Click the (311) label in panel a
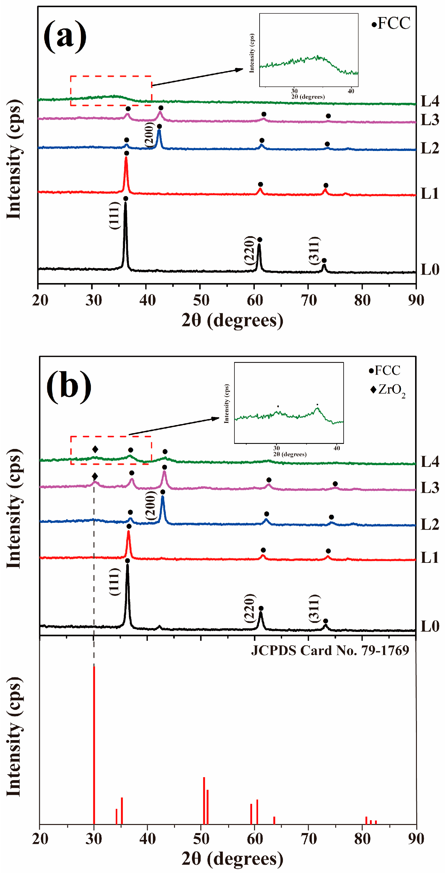click(314, 250)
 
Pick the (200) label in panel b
click(150, 505)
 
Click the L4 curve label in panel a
click(429, 101)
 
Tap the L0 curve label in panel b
click(429, 626)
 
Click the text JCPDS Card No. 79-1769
click(330, 650)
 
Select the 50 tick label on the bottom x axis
click(201, 839)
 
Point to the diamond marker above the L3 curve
click(95, 476)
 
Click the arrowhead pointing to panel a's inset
click(239, 70)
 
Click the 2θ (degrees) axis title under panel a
click(232, 320)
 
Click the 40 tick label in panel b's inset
click(336, 448)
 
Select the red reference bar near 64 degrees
click(274, 820)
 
